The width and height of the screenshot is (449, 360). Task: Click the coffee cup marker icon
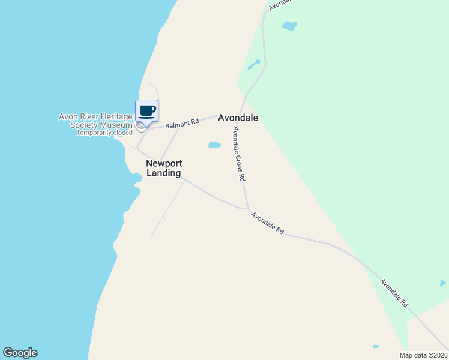[x=147, y=111]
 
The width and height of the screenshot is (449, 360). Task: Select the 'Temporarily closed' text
[x=104, y=133]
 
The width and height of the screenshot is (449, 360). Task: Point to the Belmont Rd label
[x=182, y=123]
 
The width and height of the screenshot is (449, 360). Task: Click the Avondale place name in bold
[x=238, y=118]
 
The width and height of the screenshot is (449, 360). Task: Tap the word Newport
[x=164, y=163]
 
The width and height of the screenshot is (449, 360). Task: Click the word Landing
[x=164, y=173]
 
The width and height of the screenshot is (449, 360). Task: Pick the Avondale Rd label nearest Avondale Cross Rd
[x=267, y=223]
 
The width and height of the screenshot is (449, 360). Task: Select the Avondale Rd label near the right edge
[x=394, y=293]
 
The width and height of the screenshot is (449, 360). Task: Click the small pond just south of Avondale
[x=214, y=145]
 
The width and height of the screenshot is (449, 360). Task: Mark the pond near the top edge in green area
[x=289, y=26]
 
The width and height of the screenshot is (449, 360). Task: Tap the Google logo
[x=20, y=353]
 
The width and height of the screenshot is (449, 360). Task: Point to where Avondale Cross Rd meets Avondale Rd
[x=247, y=208]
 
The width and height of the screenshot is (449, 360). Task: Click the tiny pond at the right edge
[x=443, y=283]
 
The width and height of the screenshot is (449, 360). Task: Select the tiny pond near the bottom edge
[x=376, y=346]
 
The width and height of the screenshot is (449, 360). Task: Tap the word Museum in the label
[x=118, y=125]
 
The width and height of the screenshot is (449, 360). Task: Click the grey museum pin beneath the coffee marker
[x=141, y=126]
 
